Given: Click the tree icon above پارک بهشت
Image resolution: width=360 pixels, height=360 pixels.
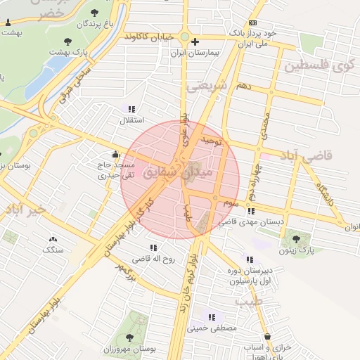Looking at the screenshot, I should (x=67, y=41).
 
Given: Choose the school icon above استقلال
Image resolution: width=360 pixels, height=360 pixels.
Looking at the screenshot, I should (x=130, y=108).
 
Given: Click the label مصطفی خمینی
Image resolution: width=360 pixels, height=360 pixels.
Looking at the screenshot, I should (x=212, y=328).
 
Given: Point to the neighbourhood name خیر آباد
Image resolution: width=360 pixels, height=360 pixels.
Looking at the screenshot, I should (x=25, y=210).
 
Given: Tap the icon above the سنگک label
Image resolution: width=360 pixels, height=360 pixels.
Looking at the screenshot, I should (x=53, y=239).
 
